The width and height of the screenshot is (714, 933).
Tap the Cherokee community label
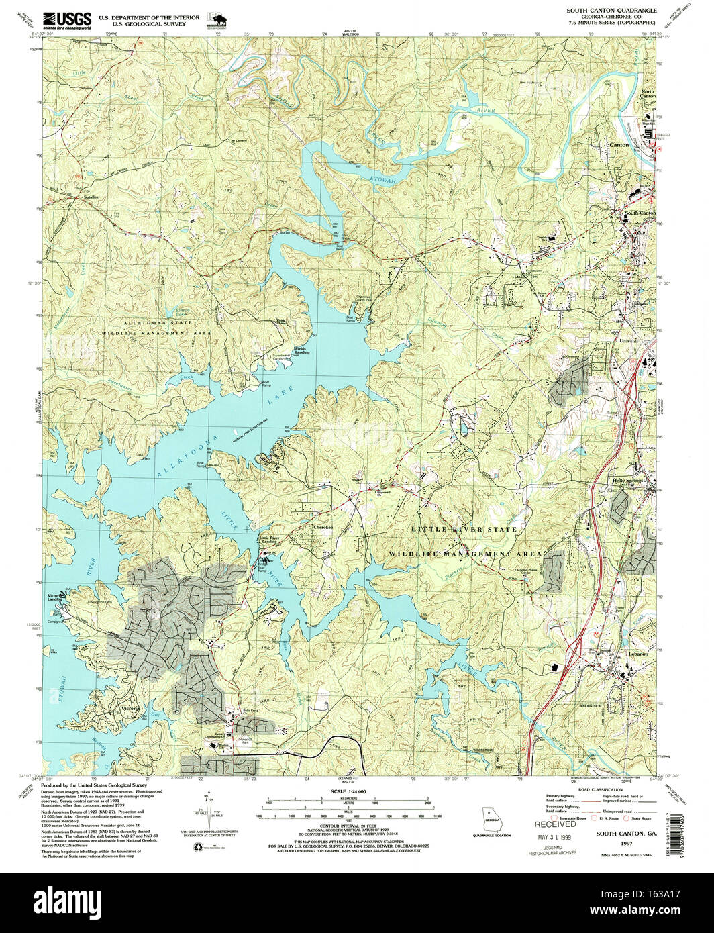point(323,528)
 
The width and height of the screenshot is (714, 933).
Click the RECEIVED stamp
point(555,824)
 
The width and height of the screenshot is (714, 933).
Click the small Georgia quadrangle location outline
point(493,822)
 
